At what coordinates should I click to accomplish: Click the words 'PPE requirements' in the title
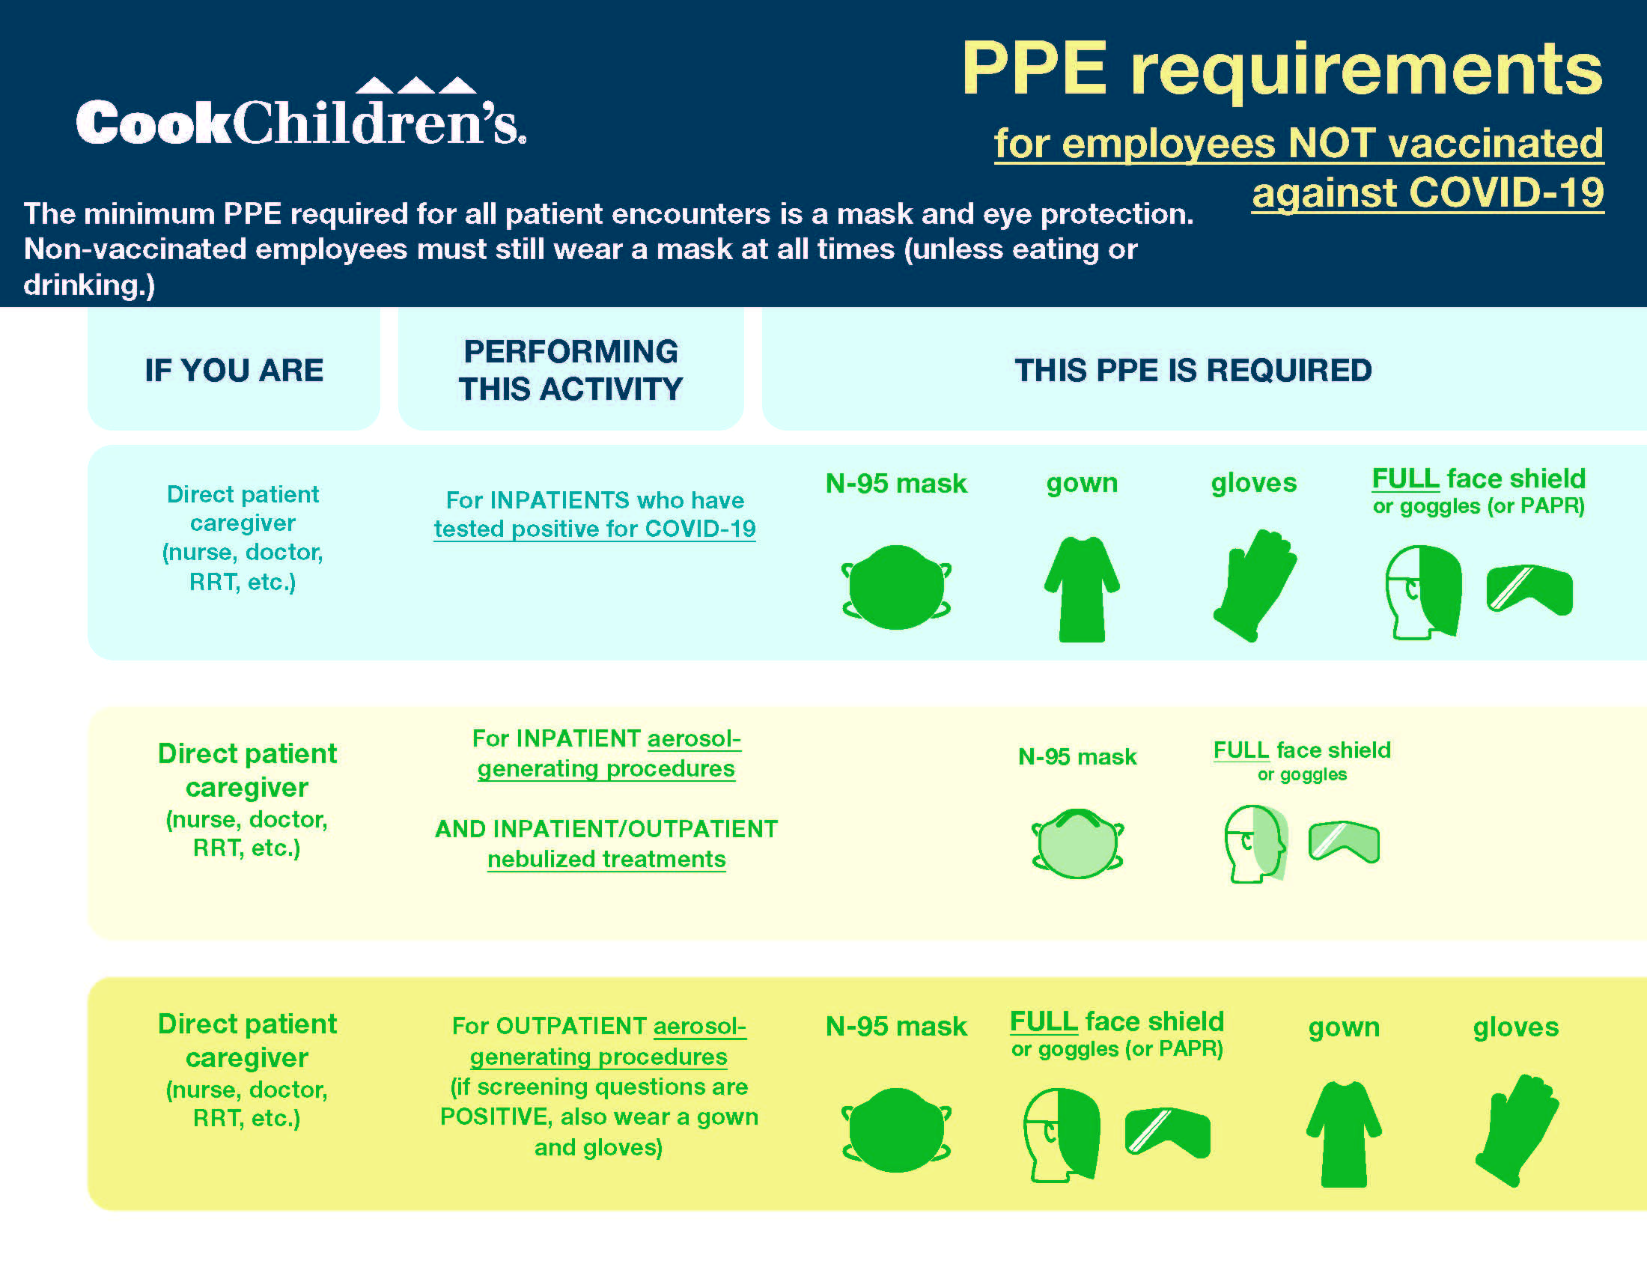[1281, 70]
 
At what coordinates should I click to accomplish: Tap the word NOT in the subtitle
[1331, 143]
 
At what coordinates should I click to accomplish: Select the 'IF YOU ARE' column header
[234, 370]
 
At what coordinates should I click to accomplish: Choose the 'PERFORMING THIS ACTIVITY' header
[571, 370]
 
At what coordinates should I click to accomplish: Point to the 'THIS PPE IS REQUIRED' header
[1193, 370]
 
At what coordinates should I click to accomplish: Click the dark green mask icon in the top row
[896, 587]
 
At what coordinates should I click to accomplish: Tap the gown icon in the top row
[1082, 589]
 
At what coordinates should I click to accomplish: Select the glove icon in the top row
[1253, 586]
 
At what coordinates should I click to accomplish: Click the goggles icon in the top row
[1529, 589]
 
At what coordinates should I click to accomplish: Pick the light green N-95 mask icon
[1077, 843]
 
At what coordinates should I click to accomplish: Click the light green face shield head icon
[1255, 843]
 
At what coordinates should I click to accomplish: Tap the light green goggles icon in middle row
[1343, 841]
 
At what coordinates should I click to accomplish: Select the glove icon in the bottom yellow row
[1516, 1130]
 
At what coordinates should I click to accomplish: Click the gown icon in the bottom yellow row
[1343, 1134]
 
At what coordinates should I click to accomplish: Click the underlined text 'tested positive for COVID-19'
[594, 529]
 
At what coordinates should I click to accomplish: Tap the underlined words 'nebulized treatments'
[606, 859]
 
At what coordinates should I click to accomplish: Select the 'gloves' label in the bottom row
[1515, 1027]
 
